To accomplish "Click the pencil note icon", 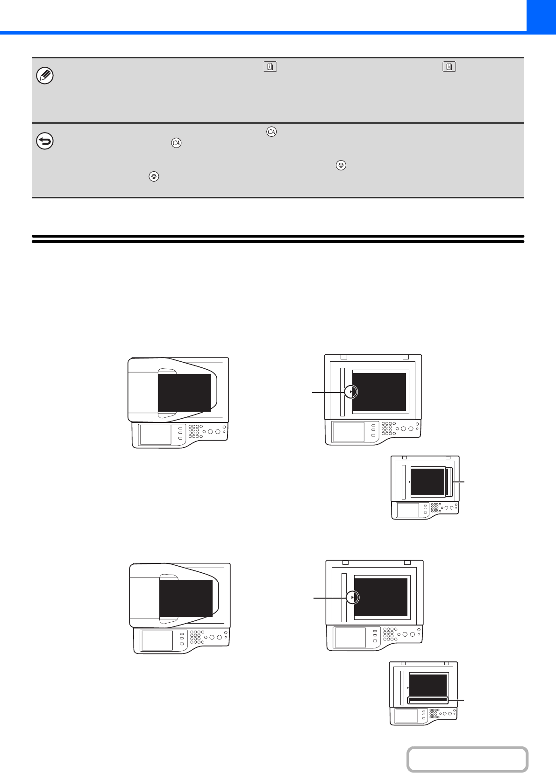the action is click(x=45, y=76).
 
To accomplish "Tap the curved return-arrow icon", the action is click(x=45, y=141).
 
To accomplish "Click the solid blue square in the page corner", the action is click(x=541, y=16).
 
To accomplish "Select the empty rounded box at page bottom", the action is click(x=467, y=759).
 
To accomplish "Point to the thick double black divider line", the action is click(x=278, y=239).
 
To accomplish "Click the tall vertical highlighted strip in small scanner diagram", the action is click(x=449, y=482).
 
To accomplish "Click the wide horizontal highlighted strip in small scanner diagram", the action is click(x=428, y=700).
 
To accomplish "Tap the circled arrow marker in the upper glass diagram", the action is click(x=351, y=392).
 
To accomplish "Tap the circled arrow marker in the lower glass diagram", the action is click(x=352, y=597).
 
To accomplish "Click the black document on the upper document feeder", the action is click(x=185, y=393).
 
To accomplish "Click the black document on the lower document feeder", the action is click(x=186, y=598).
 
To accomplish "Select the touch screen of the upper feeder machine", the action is click(x=156, y=435).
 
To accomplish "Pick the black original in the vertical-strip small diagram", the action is click(x=428, y=482).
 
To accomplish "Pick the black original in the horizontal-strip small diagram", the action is click(x=428, y=685).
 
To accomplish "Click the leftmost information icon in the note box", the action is click(x=270, y=66).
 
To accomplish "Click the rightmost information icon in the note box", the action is click(x=449, y=66).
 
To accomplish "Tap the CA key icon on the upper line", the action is click(x=271, y=132).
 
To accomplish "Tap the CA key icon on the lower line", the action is click(x=176, y=143).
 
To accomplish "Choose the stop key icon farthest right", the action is click(x=341, y=165).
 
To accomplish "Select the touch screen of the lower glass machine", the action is click(x=350, y=637).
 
